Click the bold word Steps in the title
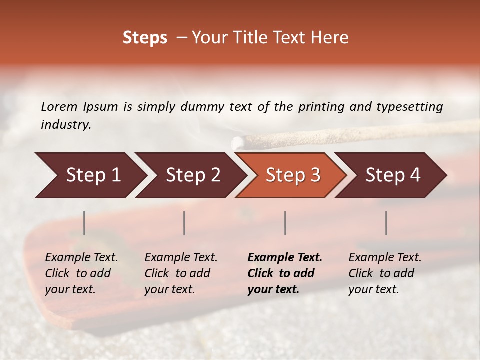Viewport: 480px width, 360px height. (x=145, y=38)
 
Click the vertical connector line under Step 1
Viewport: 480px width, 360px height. (x=84, y=223)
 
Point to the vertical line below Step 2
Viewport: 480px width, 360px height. (x=184, y=223)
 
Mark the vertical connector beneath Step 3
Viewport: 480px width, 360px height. (x=285, y=223)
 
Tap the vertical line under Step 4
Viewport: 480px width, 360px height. (x=386, y=223)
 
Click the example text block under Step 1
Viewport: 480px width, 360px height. (x=81, y=273)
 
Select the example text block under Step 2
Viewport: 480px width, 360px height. (x=181, y=273)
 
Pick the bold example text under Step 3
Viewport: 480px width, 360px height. (x=285, y=273)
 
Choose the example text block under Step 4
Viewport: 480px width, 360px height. (x=385, y=273)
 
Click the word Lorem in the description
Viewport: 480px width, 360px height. (x=59, y=106)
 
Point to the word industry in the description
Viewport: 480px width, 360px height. (x=66, y=124)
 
